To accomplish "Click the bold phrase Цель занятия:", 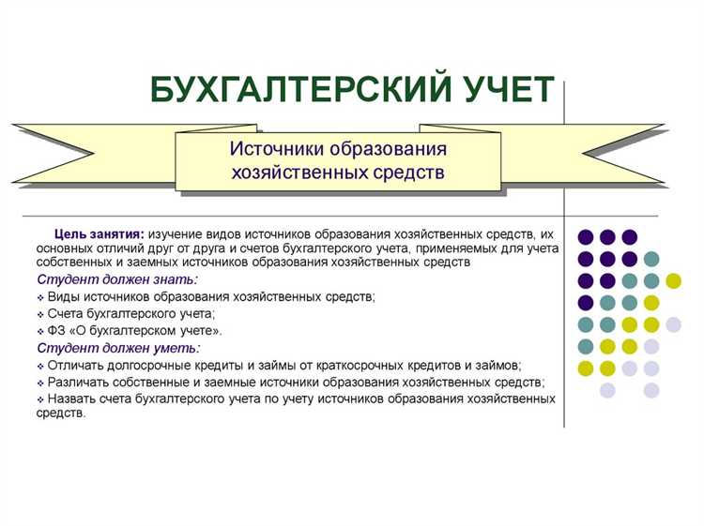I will click(x=99, y=233).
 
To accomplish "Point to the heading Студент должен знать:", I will click(x=117, y=280).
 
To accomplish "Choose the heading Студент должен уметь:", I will click(x=117, y=348).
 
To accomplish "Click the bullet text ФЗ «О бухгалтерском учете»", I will click(x=135, y=331).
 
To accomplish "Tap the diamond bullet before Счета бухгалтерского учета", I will click(x=40, y=314).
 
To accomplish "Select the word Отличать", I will click(x=77, y=365).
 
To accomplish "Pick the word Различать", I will click(x=79, y=382).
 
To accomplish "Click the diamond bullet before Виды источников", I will click(x=40, y=297).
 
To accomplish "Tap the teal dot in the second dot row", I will click(x=651, y=259).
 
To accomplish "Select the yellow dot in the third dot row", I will click(x=673, y=280).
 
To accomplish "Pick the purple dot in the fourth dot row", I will click(x=586, y=302).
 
